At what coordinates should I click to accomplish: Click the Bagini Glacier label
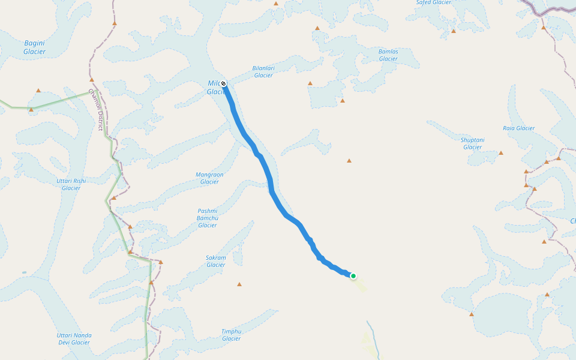pos(34,47)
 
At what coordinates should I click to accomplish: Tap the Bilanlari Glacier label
pos(263,71)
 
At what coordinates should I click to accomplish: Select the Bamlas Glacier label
pos(388,55)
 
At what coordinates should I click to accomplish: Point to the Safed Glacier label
pos(433,2)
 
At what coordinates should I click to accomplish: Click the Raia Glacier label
pos(518,128)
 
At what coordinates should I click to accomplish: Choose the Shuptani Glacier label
pos(472,143)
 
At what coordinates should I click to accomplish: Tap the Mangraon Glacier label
pos(209,178)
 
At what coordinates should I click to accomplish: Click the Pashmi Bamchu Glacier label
pos(208,218)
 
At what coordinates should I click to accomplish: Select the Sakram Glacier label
pos(216,261)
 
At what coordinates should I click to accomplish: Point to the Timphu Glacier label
pos(231,335)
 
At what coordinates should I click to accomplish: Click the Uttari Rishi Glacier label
pos(71,184)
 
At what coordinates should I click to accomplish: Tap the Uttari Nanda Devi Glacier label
pos(73,338)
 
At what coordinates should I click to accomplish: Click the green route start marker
pos(353,276)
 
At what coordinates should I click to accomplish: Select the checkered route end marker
pos(223,83)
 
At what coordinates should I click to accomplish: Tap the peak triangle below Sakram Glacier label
pos(239,284)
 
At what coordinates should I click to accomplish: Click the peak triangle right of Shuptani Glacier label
pos(501,153)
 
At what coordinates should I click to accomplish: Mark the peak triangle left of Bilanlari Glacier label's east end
pos(310,83)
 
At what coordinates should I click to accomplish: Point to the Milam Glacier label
pos(214,88)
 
